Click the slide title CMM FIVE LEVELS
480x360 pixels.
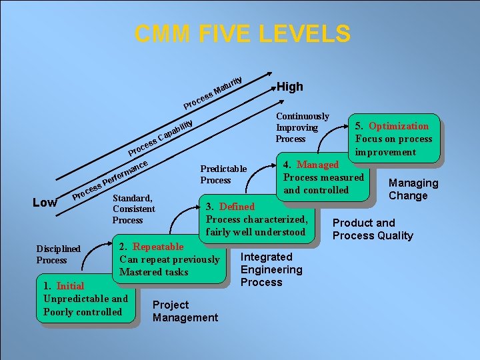tap(242, 33)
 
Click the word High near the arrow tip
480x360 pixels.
tap(289, 87)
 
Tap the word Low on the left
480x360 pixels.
tap(46, 202)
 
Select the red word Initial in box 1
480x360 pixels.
tap(70, 286)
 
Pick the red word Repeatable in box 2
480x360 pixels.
tap(158, 247)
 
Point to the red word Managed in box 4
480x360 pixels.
tap(317, 165)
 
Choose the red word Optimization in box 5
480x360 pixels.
tap(399, 126)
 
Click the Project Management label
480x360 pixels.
tap(185, 311)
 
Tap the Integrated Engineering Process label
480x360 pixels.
tap(271, 269)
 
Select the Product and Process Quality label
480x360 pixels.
tap(373, 229)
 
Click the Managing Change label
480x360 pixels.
tap(413, 189)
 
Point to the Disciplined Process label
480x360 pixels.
tap(58, 254)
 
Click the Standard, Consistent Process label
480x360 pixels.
tap(133, 209)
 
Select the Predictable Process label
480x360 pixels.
tap(223, 174)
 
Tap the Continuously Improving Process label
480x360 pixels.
tap(302, 127)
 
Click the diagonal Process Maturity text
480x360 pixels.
tap(213, 91)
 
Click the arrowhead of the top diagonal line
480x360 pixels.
tap(267, 75)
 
